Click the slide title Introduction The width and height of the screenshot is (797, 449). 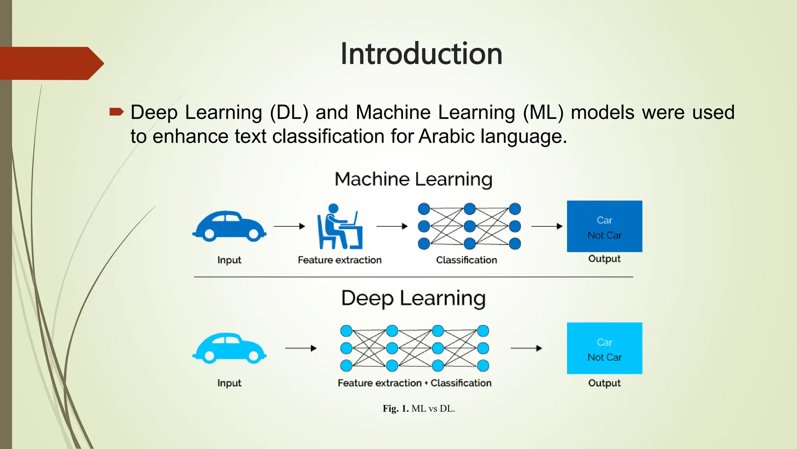[421, 54]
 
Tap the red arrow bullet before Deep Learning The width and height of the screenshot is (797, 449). [116, 113]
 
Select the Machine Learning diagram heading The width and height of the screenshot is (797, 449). [413, 179]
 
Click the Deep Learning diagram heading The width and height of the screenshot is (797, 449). [413, 299]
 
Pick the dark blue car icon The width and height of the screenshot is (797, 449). [229, 226]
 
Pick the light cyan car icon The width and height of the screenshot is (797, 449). [229, 348]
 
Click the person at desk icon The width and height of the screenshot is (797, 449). [340, 226]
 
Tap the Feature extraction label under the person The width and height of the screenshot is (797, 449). [340, 260]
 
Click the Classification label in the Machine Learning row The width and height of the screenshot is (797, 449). [466, 260]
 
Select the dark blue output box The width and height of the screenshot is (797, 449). [604, 226]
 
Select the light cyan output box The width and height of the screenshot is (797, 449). [604, 348]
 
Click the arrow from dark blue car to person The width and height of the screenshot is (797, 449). [289, 226]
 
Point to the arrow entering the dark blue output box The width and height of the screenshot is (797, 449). [547, 226]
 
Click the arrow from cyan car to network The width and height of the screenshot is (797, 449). [300, 348]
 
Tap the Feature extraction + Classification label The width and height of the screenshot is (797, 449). [414, 383]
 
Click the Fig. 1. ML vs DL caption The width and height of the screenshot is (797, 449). [419, 408]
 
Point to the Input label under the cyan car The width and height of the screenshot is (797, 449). [229, 383]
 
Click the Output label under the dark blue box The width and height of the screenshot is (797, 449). [604, 259]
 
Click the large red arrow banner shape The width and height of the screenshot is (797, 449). [51, 64]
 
